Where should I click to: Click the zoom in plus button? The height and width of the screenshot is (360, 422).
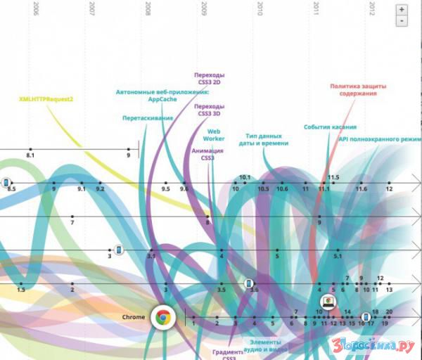click(x=401, y=10)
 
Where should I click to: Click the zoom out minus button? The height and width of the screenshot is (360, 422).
click(x=401, y=21)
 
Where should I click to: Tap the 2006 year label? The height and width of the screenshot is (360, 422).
click(x=36, y=8)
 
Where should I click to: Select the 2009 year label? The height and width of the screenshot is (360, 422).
click(x=204, y=8)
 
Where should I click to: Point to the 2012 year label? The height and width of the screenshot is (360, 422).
click(x=372, y=8)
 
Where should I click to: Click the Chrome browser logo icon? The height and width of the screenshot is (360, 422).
click(x=161, y=317)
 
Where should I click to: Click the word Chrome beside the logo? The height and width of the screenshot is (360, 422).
click(x=134, y=317)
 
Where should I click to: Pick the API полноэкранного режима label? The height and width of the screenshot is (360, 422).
click(x=380, y=139)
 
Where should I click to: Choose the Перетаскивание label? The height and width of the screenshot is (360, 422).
click(x=148, y=118)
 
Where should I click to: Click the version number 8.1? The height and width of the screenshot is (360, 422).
click(x=30, y=154)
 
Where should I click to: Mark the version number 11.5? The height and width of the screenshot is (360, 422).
click(x=333, y=177)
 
